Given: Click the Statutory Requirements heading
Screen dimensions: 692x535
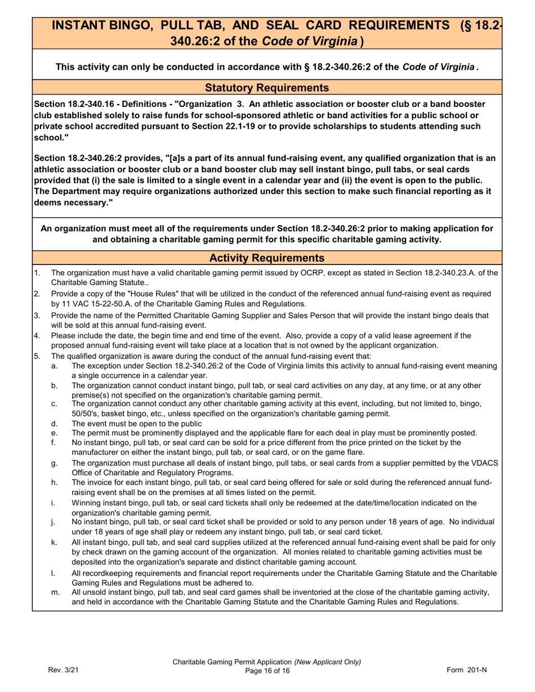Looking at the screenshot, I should (267, 87).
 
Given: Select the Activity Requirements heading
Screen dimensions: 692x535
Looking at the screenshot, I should (267, 258).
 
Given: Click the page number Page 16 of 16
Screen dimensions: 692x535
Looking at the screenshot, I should (267, 671).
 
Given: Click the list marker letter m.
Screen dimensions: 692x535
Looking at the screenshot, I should (55, 592).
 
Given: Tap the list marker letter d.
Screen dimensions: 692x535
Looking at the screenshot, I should (54, 424).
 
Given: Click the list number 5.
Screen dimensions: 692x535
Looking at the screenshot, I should (37, 356).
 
